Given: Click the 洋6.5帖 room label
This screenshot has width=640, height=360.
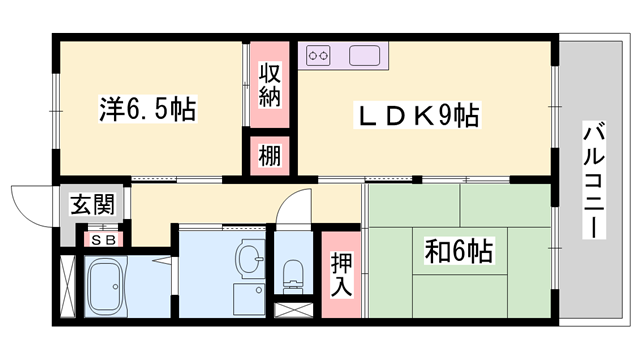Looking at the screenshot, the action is (148, 109).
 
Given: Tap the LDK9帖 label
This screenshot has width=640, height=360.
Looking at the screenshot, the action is (417, 115).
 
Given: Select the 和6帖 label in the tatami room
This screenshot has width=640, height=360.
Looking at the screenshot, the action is (459, 251).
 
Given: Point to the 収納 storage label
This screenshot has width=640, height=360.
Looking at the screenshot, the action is (270, 85).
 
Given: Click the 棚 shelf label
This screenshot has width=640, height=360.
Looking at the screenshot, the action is (270, 156).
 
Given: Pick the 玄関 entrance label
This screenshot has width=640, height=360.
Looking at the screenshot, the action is (92, 204).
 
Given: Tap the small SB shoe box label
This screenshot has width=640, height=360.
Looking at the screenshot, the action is (103, 240).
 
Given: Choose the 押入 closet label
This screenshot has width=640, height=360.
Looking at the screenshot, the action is (341, 274).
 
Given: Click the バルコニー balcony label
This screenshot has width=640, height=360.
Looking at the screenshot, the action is (594, 180).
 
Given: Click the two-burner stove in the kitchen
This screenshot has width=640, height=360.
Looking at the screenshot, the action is (318, 56).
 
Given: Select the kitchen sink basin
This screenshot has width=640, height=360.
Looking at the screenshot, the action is (364, 56).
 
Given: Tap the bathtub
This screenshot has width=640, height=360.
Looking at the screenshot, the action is (107, 286).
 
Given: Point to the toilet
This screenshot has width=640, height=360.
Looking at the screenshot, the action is (293, 276).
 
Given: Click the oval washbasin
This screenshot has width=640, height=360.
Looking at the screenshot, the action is (250, 258).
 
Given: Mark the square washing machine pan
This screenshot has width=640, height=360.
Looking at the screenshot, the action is (249, 300).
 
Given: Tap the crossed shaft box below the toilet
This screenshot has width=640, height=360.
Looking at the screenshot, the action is (293, 310).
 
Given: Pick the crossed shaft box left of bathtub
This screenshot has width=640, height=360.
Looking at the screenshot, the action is (68, 286).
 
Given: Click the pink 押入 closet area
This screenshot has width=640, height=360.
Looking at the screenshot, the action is (341, 275).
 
